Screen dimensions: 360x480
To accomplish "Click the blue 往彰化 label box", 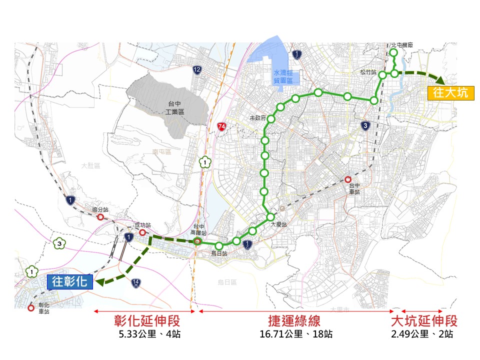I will [x=70, y=282].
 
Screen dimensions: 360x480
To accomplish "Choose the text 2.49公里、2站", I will [x=422, y=334].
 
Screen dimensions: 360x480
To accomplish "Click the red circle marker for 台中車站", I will [x=348, y=179].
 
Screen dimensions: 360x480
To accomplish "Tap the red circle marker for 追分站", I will [x=100, y=217].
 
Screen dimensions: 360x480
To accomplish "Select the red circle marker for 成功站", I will [x=142, y=232].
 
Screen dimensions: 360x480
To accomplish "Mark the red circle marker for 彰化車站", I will [x=31, y=308].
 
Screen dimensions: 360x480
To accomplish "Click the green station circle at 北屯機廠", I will [x=393, y=52].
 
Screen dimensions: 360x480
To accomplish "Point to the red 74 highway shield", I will [x=221, y=126].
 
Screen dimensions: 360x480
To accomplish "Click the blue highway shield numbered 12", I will [x=197, y=70].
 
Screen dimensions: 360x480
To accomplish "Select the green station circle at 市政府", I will [x=271, y=119].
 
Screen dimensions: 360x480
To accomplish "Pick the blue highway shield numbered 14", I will [x=135, y=283].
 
